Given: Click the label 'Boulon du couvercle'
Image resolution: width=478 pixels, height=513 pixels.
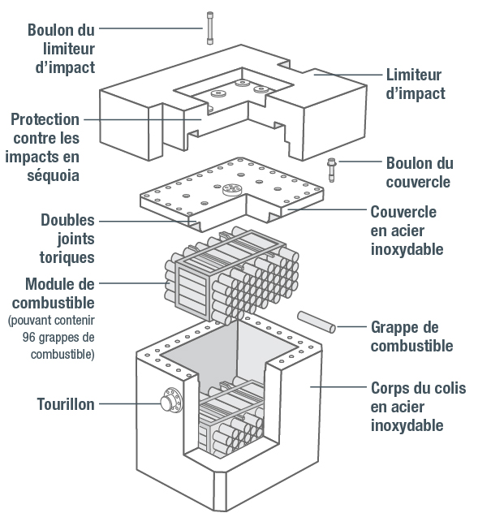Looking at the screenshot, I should [420, 173].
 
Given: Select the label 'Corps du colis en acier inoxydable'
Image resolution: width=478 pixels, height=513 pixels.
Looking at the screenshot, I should [418, 406].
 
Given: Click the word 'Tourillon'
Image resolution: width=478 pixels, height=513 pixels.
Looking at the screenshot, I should [65, 403].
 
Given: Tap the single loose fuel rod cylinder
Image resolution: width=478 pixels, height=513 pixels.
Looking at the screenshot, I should [316, 322].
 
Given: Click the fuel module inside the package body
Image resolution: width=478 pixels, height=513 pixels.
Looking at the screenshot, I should [235, 422].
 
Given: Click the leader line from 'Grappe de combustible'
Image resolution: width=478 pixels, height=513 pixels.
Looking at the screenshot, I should [351, 327].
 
